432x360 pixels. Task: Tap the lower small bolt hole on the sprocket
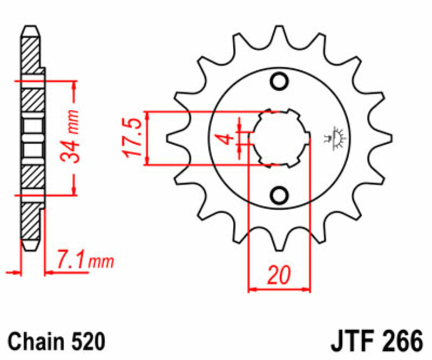[280, 194]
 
